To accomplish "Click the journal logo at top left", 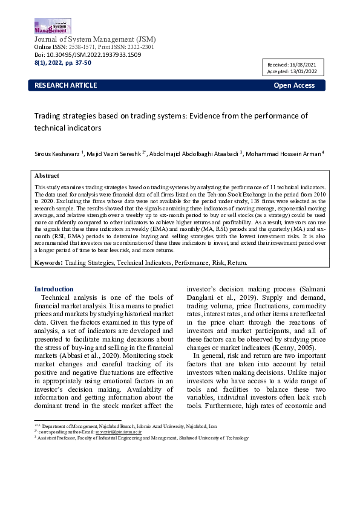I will coord(53,25).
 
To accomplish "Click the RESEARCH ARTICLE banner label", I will coord(65,85).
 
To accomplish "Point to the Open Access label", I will coord(294,85).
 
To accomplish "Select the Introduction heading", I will coord(54,289).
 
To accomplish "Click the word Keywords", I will coord(48,263).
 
